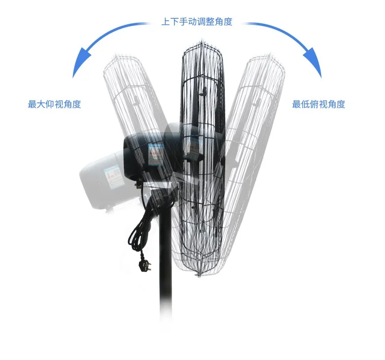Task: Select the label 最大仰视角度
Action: pos(54,104)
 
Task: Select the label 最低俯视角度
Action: pos(319,104)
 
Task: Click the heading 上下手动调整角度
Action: pos(197,22)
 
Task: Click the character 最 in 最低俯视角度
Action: pos(297,104)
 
